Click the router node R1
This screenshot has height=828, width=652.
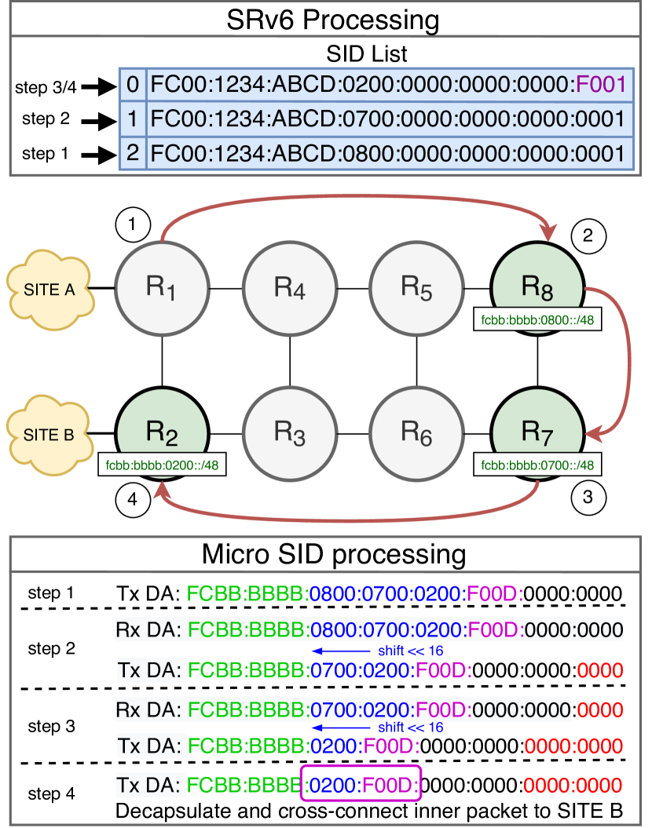coord(163,288)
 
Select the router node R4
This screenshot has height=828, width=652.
coord(290,288)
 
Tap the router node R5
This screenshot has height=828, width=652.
coord(416,288)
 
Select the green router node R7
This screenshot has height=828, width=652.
coord(537,430)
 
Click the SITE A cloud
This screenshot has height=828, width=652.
coord(49,289)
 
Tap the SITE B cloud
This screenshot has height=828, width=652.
coord(49,434)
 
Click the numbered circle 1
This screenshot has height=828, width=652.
coord(133,224)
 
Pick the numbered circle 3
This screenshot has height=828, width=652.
coord(588,498)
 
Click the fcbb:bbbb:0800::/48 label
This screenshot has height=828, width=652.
coord(538,320)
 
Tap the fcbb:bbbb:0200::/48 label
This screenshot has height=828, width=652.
coord(162,465)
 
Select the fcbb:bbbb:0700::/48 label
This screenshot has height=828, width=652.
coord(538,465)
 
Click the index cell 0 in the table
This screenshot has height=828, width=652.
coord(132,84)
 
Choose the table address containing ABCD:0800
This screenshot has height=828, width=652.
coord(390,153)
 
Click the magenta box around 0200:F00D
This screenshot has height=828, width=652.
coord(361,783)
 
